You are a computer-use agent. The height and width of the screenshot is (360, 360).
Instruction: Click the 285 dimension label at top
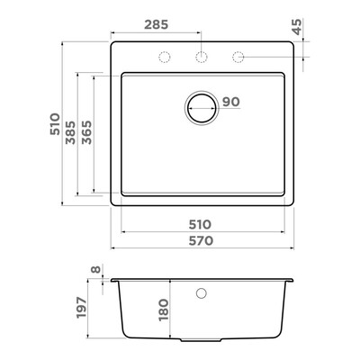coord(157,24)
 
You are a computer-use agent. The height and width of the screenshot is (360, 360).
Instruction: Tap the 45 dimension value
coord(296,27)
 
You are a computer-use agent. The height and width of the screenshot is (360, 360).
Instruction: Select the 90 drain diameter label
coord(231,102)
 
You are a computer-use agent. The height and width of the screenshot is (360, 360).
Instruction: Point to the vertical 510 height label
coord(55,124)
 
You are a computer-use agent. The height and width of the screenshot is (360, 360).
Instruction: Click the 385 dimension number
coord(70,132)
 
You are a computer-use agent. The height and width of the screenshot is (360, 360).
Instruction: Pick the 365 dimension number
coord(86,132)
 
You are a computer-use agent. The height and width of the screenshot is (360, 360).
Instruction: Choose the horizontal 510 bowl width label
coord(200,224)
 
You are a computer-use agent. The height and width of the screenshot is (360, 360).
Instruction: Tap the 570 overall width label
coord(201,240)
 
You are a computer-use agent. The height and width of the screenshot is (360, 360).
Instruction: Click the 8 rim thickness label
coord(95,269)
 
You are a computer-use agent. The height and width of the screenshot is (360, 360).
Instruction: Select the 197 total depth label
coord(81,308)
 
